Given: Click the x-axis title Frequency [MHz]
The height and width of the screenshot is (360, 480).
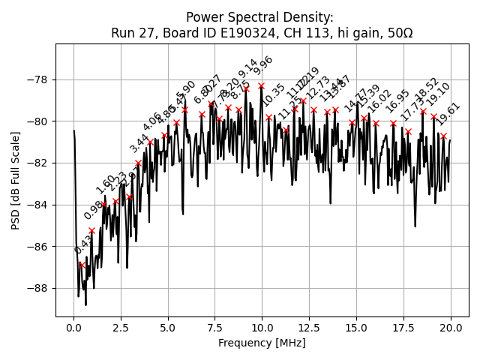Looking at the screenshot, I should point(262,343).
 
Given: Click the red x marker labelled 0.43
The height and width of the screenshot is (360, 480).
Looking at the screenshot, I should point(82,265).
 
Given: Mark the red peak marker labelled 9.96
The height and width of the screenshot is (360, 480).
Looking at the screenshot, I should point(261,86).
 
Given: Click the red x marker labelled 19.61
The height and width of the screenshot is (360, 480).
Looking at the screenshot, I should point(443,136).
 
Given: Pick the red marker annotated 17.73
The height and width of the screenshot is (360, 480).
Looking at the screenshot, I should point(408,131).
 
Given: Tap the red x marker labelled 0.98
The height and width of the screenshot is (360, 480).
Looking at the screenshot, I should point(91,230).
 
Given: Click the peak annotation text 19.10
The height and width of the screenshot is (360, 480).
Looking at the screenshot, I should point(438,94).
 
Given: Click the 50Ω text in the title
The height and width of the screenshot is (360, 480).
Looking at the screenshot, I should point(397,33).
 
